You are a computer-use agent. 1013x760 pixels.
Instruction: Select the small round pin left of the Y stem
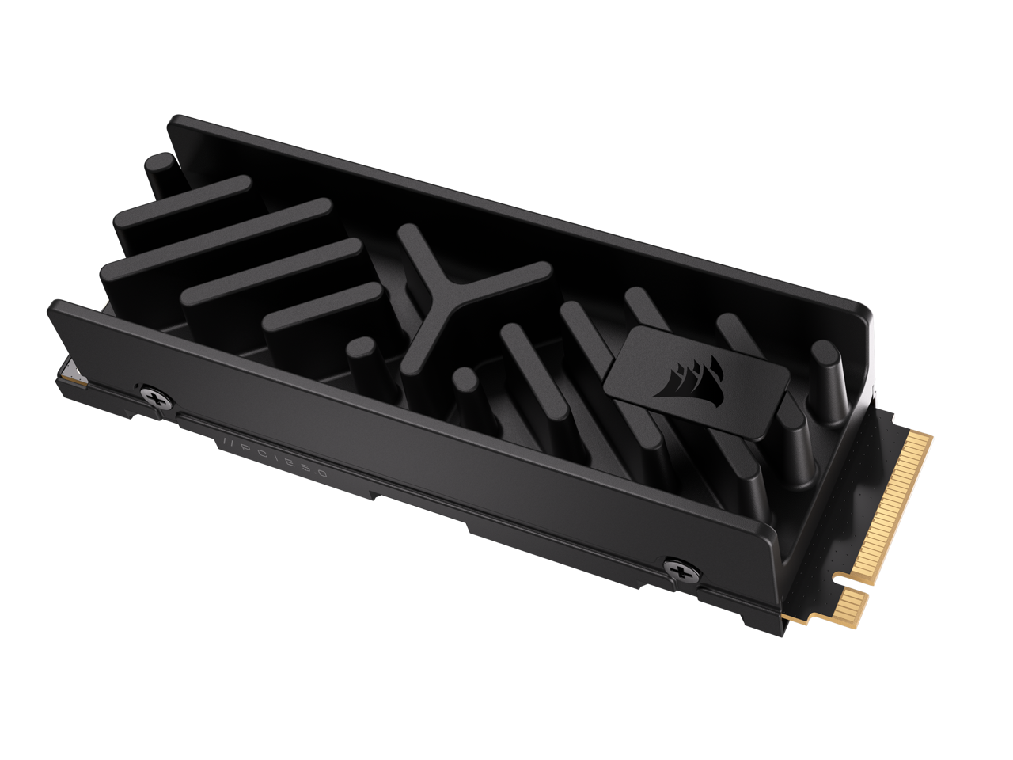pos(364,351)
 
